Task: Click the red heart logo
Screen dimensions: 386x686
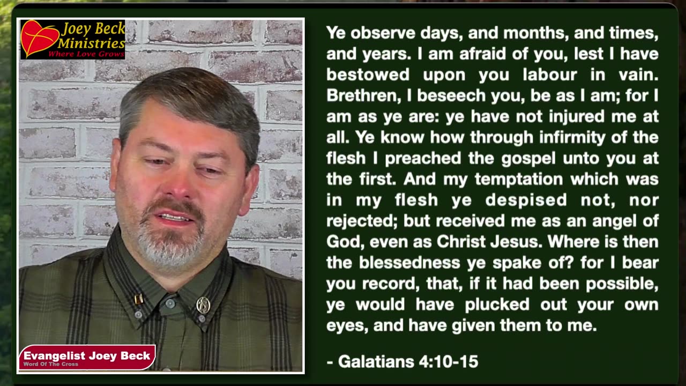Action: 39,39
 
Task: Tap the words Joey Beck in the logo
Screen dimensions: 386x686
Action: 93,29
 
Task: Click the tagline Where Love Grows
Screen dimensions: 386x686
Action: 86,54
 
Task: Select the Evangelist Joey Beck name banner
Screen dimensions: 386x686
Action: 87,355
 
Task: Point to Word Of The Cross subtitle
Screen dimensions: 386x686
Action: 50,365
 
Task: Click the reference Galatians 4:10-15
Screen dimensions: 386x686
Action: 402,362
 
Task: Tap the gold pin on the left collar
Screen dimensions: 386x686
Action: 138,299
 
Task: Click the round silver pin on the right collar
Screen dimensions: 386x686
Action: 203,305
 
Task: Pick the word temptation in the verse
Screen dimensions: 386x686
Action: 520,179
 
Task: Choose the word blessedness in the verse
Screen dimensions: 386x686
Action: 409,263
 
